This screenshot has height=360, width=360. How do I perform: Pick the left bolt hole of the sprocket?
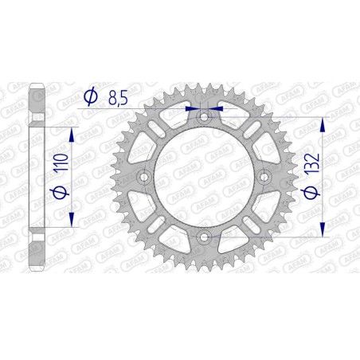[144, 177]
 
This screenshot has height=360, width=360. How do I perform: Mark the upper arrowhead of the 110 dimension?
[72, 134]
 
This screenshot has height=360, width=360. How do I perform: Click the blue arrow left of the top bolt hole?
[190, 108]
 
